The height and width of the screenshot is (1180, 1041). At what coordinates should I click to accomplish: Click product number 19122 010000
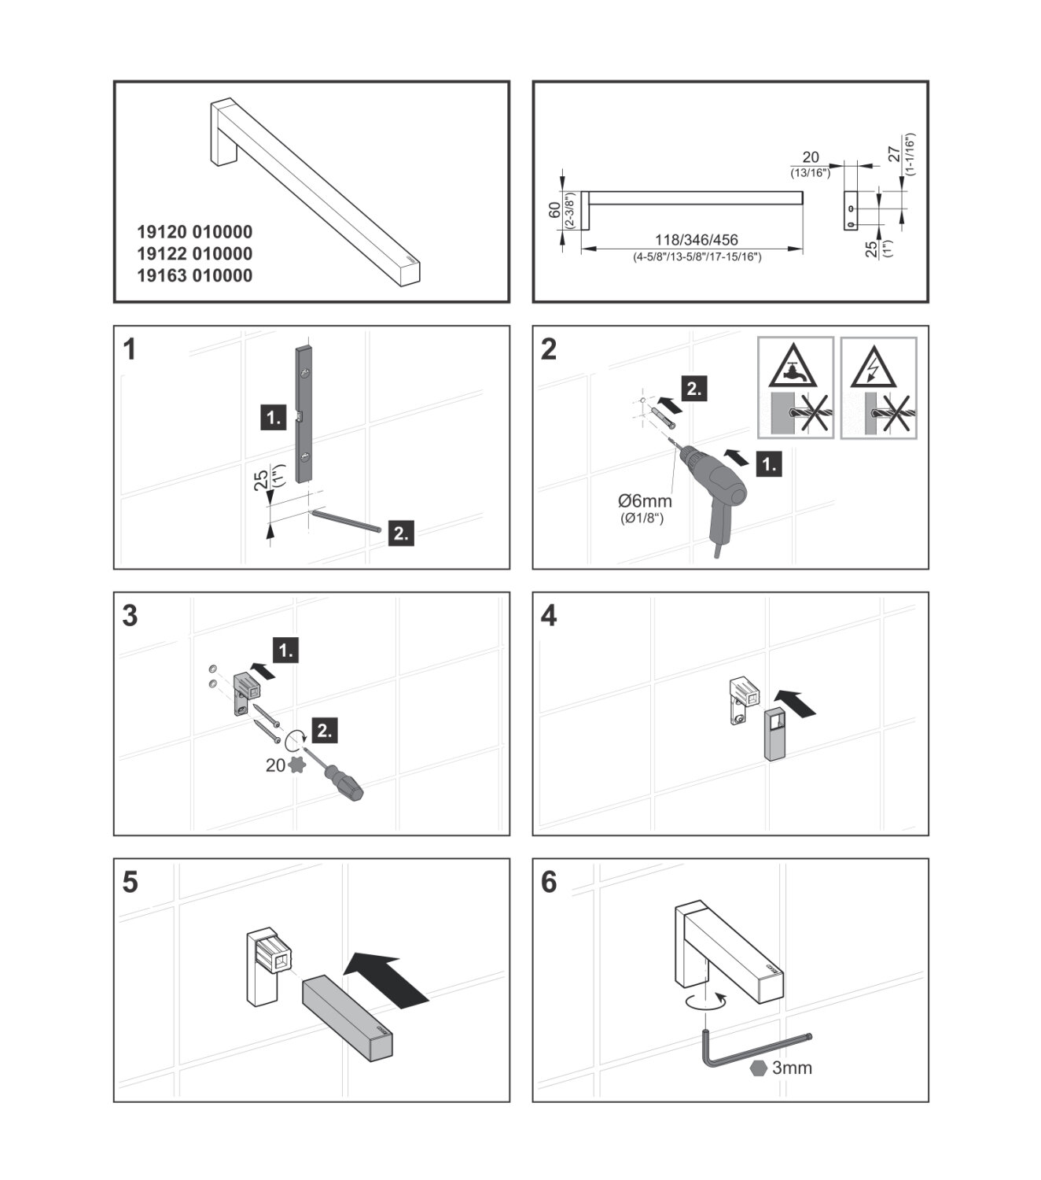(x=194, y=254)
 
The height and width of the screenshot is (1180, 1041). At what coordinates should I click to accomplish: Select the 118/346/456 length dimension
(x=697, y=240)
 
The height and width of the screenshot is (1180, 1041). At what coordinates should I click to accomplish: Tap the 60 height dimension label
(x=554, y=210)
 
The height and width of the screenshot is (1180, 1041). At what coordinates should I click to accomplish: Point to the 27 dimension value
(x=895, y=153)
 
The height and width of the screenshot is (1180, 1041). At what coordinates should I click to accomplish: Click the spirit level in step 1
(x=305, y=413)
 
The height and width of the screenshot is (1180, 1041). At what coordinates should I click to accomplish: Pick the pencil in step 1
(x=346, y=521)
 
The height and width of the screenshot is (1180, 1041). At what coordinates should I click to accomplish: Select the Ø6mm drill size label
(x=645, y=500)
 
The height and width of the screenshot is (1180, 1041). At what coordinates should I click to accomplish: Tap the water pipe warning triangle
(x=796, y=366)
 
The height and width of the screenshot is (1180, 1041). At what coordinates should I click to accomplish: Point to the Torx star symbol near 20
(x=297, y=765)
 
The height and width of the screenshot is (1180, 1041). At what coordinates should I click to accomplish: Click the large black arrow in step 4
(x=795, y=702)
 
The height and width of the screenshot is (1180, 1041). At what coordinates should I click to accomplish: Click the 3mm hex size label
(x=792, y=1068)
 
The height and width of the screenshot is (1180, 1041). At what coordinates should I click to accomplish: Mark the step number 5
(x=131, y=883)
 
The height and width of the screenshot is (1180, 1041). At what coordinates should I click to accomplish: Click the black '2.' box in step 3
(x=324, y=731)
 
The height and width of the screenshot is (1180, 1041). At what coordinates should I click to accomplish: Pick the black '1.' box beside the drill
(x=768, y=465)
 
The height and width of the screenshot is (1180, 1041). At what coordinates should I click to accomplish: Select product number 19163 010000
(x=194, y=276)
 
